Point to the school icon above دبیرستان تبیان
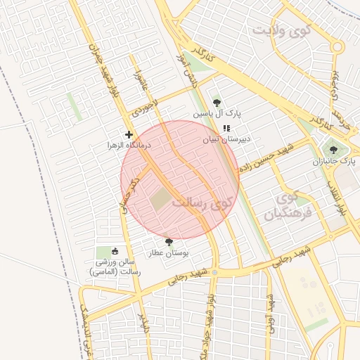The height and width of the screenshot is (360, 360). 226,128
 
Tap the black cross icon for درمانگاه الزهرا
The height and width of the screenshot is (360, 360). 129,134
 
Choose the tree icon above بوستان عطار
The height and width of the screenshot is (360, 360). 168,241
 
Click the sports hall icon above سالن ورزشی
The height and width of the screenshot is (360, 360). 115,250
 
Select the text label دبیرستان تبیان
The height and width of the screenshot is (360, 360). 226,139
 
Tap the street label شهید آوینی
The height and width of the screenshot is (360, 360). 269,310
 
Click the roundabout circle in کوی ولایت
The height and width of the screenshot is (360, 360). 337,47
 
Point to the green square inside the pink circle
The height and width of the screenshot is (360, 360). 161,198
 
